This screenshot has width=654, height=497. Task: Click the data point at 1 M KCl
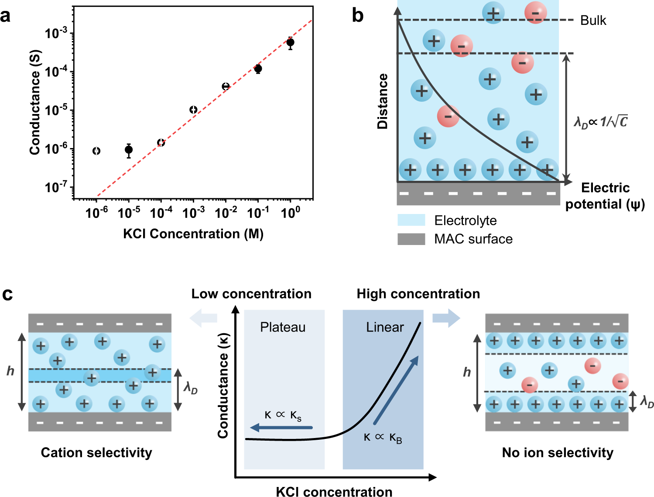(x=290, y=42)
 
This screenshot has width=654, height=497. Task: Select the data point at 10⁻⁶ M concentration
(x=96, y=151)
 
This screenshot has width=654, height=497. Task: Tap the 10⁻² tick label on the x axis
(x=226, y=213)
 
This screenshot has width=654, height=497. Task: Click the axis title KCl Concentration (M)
(x=193, y=234)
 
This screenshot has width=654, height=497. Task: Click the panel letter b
(x=358, y=16)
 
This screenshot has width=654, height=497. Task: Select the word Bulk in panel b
(x=593, y=21)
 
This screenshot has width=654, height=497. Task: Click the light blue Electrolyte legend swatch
(x=411, y=220)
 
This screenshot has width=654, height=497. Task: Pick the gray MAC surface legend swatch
(x=411, y=239)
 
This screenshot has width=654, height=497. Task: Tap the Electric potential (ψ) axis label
(x=605, y=196)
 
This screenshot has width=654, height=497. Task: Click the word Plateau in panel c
(x=283, y=327)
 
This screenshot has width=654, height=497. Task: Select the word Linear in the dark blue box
(x=385, y=327)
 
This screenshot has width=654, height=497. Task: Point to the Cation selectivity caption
(x=96, y=452)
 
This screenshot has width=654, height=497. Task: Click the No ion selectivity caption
(x=558, y=452)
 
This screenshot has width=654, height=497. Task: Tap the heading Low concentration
(x=251, y=294)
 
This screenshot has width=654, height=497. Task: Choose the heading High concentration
(x=418, y=294)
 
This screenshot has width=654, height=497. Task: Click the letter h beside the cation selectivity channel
(x=10, y=371)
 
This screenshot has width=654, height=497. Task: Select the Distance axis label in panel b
(x=383, y=101)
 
